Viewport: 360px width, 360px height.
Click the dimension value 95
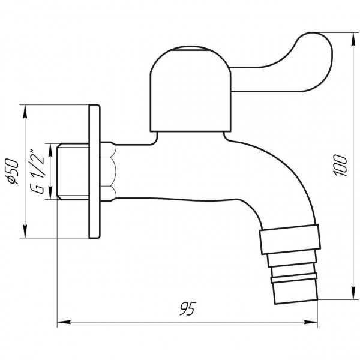pyautogui.click(x=186, y=309)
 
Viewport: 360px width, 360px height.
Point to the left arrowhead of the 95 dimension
pyautogui.click(x=61, y=323)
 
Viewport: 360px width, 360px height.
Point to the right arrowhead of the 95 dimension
pyautogui.click(x=315, y=323)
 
